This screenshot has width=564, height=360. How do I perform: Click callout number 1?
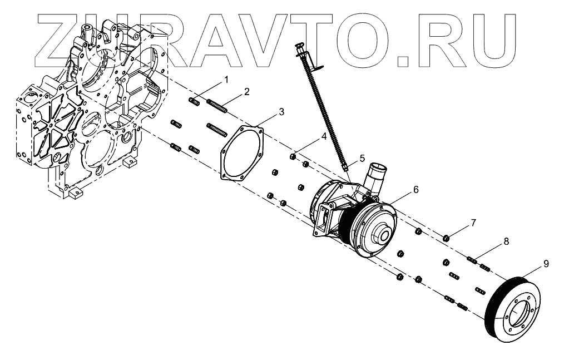[226, 81]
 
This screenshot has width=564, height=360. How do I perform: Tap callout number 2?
[246, 91]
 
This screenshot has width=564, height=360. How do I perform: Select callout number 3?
[281, 112]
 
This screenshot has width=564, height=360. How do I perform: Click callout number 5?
[362, 159]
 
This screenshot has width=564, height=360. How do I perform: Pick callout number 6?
[415, 189]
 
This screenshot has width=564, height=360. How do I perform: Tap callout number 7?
[473, 223]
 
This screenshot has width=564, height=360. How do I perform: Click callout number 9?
[546, 262]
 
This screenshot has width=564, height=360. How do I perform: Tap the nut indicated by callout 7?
[446, 238]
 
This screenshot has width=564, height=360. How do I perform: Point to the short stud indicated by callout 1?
[195, 101]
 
